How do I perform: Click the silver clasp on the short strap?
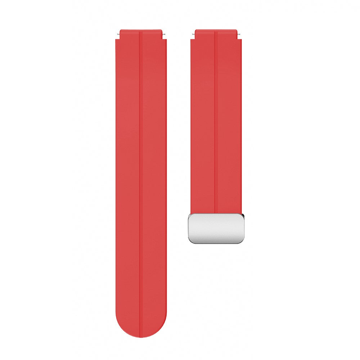pos(216,228)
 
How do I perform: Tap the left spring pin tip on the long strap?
pos(118,34)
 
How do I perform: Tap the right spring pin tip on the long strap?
pos(164,34)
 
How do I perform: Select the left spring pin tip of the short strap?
pos(193,34)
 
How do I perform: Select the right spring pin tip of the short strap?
pos(239,34)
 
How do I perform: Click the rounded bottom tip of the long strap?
pos(141,335)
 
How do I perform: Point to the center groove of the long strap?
pos(141,180)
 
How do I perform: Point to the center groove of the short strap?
pos(216,126)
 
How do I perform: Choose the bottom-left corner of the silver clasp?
pos(189,242)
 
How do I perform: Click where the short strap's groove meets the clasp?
pos(216,213)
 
